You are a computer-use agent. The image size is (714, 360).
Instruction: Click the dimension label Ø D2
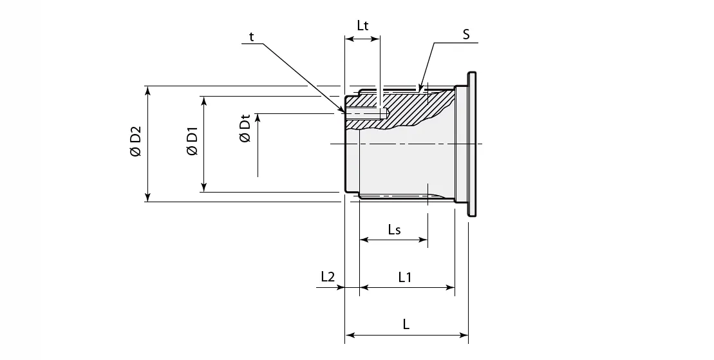pyautogui.click(x=135, y=144)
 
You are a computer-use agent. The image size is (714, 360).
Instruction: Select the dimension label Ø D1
pyautogui.click(x=191, y=144)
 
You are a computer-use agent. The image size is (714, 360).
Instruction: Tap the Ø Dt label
pyautogui.click(x=245, y=129)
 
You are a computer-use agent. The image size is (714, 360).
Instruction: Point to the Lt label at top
pyautogui.click(x=363, y=26)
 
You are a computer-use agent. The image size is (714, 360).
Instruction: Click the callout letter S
pyautogui.click(x=465, y=34)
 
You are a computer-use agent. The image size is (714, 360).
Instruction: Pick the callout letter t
pyautogui.click(x=252, y=36)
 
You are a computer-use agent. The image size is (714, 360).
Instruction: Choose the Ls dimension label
pyautogui.click(x=394, y=229)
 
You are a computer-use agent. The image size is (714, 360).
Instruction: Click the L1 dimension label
pyautogui.click(x=405, y=278)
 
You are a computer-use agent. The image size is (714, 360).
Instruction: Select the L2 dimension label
pyautogui.click(x=328, y=277)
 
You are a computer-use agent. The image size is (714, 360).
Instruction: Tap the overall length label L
pyautogui.click(x=406, y=325)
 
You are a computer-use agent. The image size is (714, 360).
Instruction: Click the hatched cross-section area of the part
pyautogui.click(x=412, y=109)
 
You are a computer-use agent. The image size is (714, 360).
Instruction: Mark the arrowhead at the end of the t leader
pyautogui.click(x=342, y=111)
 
